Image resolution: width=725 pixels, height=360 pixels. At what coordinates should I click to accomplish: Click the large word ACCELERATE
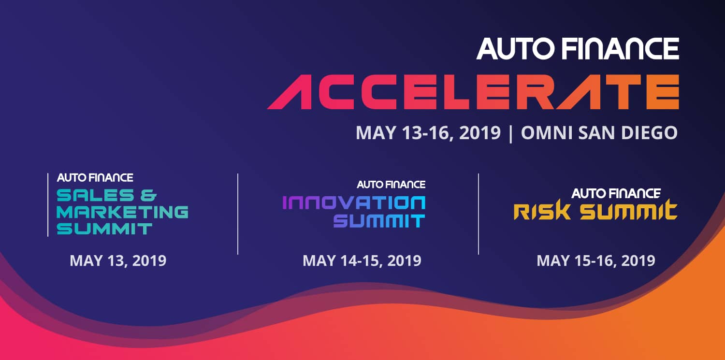[473, 92]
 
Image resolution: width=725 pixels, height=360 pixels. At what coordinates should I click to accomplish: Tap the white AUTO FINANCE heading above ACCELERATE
[578, 48]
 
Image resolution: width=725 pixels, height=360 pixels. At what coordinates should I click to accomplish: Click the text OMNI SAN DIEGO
[599, 132]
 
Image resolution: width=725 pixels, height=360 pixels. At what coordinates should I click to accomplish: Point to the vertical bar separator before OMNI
[511, 133]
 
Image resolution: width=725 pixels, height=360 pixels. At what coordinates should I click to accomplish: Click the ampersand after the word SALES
[148, 195]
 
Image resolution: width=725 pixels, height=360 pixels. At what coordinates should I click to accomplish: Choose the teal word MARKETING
[122, 212]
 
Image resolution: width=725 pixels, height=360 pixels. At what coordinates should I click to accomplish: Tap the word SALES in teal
[95, 195]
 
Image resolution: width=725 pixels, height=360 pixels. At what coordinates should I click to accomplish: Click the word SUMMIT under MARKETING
[104, 229]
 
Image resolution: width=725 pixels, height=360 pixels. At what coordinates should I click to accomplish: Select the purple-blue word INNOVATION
[354, 203]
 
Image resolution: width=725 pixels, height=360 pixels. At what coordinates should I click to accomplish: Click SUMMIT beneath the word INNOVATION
[379, 222]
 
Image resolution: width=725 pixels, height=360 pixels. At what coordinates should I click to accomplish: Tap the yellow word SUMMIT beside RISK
[628, 210]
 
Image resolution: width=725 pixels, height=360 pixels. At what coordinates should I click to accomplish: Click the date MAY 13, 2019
[118, 261]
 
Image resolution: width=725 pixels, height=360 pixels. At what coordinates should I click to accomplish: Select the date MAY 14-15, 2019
[362, 261]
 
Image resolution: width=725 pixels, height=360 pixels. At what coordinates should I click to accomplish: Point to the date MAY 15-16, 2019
[596, 261]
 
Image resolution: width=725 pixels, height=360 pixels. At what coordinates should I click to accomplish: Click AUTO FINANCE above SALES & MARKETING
[95, 177]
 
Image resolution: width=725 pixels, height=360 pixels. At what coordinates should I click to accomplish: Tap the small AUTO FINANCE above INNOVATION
[391, 185]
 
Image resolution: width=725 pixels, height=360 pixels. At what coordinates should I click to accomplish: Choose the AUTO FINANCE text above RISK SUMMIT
[616, 193]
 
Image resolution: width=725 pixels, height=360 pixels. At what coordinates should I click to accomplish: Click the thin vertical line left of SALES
[48, 205]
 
